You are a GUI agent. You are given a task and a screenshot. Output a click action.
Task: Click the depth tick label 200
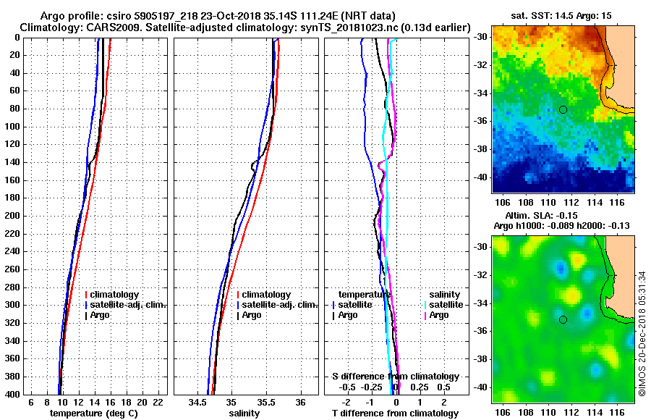[x=12, y=216]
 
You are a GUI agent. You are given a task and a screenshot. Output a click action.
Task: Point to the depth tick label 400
[x=12, y=395]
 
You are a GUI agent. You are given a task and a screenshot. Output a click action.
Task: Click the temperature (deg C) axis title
[x=93, y=413]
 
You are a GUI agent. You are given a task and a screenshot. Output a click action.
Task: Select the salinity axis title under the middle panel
[x=245, y=413]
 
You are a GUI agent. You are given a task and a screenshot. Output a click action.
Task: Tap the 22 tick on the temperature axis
[x=158, y=402]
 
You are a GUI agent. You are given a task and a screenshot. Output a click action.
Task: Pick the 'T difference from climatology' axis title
[x=395, y=413]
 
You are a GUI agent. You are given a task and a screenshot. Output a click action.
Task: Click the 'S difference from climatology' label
[x=395, y=377]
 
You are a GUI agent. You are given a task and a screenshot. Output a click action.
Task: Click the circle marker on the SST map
[x=563, y=109]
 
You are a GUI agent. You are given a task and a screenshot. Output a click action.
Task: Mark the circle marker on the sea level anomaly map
[x=563, y=319]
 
